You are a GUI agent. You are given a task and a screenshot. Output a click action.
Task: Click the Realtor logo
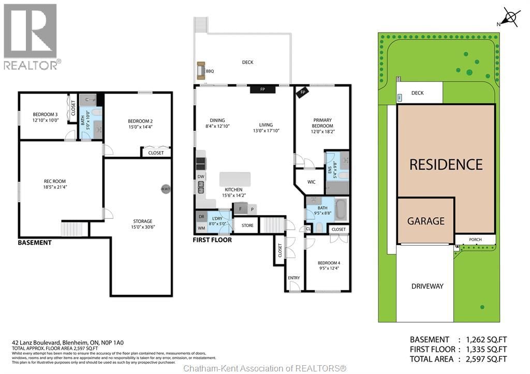click(x=31, y=36)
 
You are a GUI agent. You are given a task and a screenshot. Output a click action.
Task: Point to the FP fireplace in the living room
click(x=262, y=89)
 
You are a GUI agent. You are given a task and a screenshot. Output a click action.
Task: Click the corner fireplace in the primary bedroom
click(x=303, y=93)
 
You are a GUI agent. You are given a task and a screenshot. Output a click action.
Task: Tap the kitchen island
click(x=235, y=179)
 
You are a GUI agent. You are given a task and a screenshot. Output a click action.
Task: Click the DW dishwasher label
click(x=200, y=177)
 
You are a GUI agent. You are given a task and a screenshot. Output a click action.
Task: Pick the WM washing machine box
click(x=201, y=228)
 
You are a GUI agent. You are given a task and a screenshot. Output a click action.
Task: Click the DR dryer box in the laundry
click(x=201, y=216)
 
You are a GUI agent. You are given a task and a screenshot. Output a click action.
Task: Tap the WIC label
click(x=311, y=182)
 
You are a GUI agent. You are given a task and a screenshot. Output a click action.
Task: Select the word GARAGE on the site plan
click(x=425, y=221)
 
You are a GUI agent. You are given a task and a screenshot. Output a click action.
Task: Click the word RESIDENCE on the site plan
click(x=446, y=164)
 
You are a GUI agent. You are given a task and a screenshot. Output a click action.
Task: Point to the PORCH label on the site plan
click(x=475, y=240)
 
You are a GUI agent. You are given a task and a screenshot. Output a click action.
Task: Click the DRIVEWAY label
click(x=427, y=286)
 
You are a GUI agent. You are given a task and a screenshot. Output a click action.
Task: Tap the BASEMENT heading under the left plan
click(x=35, y=242)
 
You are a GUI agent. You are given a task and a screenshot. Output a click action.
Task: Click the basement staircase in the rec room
click(x=71, y=229)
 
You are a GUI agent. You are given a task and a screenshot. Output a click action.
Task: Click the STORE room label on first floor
click(x=247, y=225)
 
